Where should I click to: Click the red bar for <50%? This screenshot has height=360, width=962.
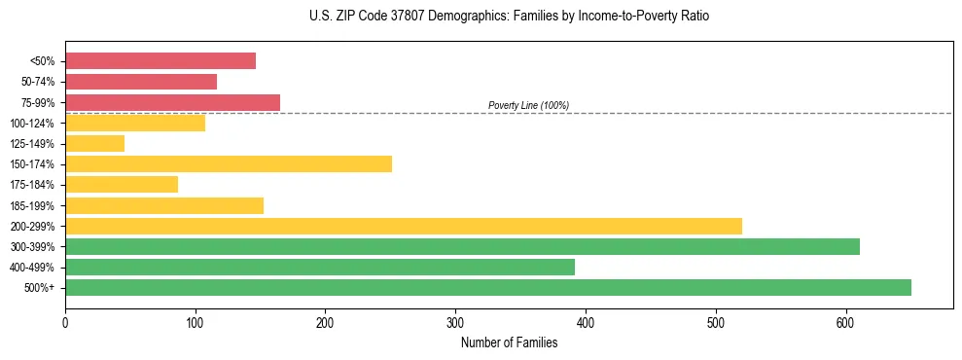(160, 61)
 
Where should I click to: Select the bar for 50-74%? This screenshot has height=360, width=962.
(141, 82)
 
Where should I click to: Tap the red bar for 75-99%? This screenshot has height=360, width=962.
(172, 102)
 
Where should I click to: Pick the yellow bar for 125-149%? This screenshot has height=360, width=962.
(94, 144)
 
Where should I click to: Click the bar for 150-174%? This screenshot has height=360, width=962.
(229, 164)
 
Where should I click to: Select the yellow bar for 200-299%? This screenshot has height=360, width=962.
(404, 226)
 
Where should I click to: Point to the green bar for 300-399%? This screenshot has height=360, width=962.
(462, 247)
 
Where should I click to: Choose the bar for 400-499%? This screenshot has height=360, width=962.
(320, 268)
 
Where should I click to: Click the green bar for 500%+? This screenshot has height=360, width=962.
(488, 288)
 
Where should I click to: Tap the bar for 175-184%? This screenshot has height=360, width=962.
(122, 185)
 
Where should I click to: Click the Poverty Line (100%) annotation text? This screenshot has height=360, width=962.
(528, 105)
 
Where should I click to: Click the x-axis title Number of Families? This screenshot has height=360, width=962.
(509, 342)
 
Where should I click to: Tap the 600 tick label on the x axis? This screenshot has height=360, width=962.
(846, 322)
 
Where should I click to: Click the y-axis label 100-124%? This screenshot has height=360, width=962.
(32, 124)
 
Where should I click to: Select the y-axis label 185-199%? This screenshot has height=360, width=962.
(32, 206)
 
